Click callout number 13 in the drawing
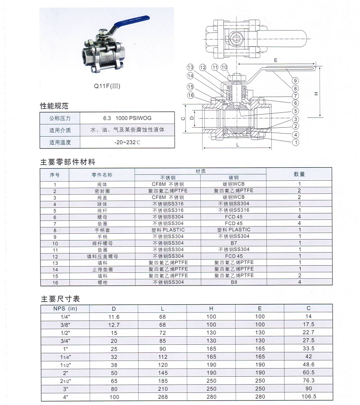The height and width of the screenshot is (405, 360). pyautogui.click(x=190, y=67)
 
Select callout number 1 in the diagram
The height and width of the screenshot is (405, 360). pyautogui.click(x=296, y=142)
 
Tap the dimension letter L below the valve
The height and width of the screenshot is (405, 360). pyautogui.click(x=237, y=145)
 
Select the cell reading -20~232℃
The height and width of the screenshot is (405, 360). pyautogui.click(x=127, y=142)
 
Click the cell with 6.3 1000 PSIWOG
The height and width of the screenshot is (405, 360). pyautogui.click(x=127, y=118)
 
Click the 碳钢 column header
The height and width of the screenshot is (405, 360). pyautogui.click(x=234, y=178)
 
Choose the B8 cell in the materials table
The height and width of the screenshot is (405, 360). pyautogui.click(x=234, y=282)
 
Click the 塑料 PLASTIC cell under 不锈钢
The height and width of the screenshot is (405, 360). pyautogui.click(x=168, y=230)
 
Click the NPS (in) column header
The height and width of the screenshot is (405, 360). pyautogui.click(x=65, y=308)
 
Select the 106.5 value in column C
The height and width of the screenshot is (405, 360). pyautogui.click(x=309, y=397)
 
